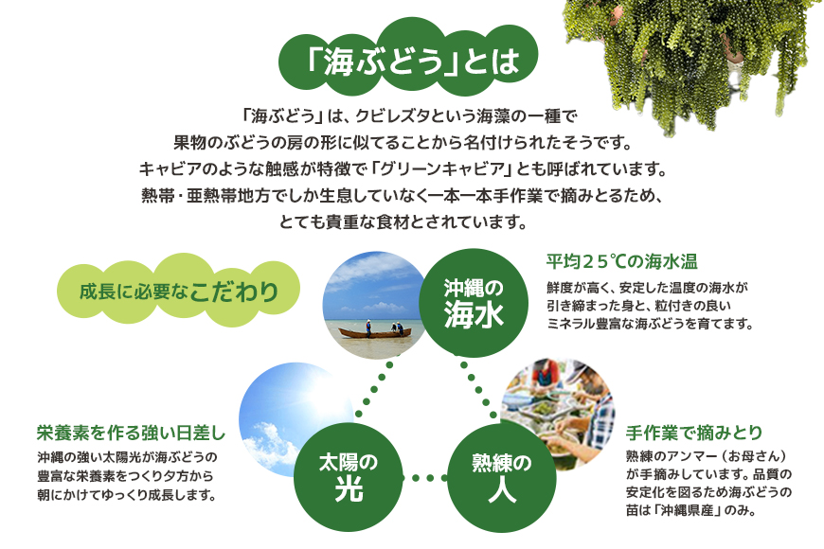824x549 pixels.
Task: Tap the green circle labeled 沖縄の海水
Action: [x=474, y=303]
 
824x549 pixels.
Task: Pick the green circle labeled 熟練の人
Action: [x=501, y=478]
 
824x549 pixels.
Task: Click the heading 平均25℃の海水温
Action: [x=621, y=261]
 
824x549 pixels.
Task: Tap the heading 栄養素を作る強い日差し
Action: [x=131, y=433]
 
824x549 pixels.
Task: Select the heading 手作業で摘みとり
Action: [x=693, y=433]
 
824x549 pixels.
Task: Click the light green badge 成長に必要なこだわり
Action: [x=179, y=291]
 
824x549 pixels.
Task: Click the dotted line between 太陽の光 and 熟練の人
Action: [x=424, y=478]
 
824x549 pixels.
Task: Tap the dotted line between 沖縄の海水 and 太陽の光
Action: [x=377, y=389]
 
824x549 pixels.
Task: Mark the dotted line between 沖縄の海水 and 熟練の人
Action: [x=478, y=390]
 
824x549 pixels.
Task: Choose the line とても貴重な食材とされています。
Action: [x=403, y=222]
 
